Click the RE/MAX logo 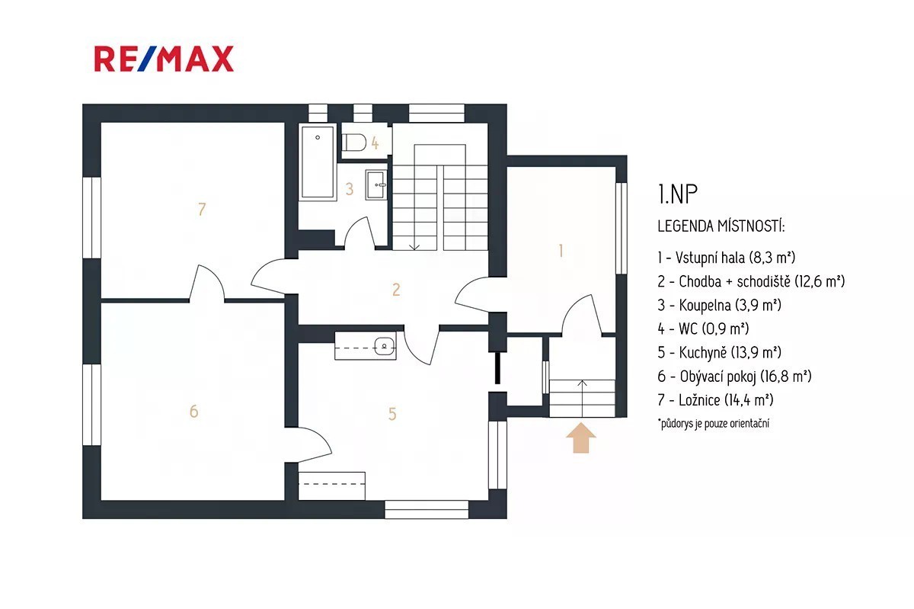click(x=164, y=59)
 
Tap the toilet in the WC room click(x=353, y=143)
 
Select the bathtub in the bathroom click(x=318, y=162)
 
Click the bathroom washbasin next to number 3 click(x=376, y=185)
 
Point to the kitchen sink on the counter click(x=384, y=346)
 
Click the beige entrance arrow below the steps click(x=581, y=438)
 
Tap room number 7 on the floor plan click(x=202, y=210)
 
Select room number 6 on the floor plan click(x=193, y=412)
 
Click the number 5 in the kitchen click(x=392, y=414)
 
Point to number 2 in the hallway click(x=396, y=290)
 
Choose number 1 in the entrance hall click(x=561, y=251)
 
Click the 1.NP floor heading click(x=678, y=194)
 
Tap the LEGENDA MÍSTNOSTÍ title click(x=721, y=226)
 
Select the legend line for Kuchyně click(x=719, y=352)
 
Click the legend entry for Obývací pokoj click(x=734, y=377)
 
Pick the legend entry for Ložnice click(x=715, y=400)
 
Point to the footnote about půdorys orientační click(x=713, y=423)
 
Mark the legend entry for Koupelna click(x=719, y=305)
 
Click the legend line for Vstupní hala click(x=727, y=258)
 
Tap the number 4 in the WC click(x=375, y=143)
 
